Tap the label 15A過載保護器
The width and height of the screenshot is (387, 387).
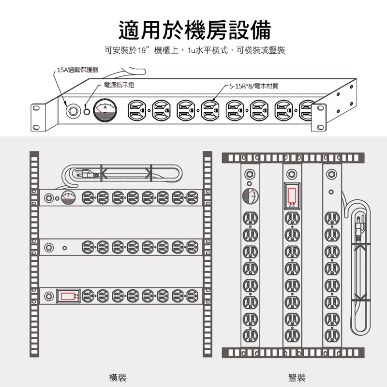[x=77, y=70]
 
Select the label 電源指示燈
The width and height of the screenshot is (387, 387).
[x=119, y=85]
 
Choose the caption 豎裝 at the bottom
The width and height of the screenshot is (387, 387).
[x=297, y=377]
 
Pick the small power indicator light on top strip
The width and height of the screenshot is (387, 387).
[x=88, y=111]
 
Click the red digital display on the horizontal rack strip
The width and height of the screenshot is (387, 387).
[x=68, y=295]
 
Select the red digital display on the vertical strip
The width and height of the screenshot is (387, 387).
[x=291, y=194]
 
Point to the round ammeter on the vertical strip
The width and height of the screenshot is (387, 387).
[x=249, y=196]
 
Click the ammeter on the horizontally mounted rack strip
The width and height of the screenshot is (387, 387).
[x=69, y=197]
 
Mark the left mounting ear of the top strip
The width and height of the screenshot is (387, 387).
[x=37, y=117]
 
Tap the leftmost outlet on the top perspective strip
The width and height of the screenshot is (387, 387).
[x=136, y=111]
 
